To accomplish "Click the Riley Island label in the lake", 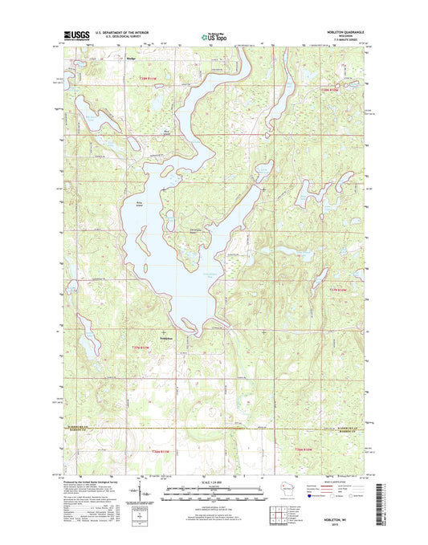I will click(133, 204).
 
